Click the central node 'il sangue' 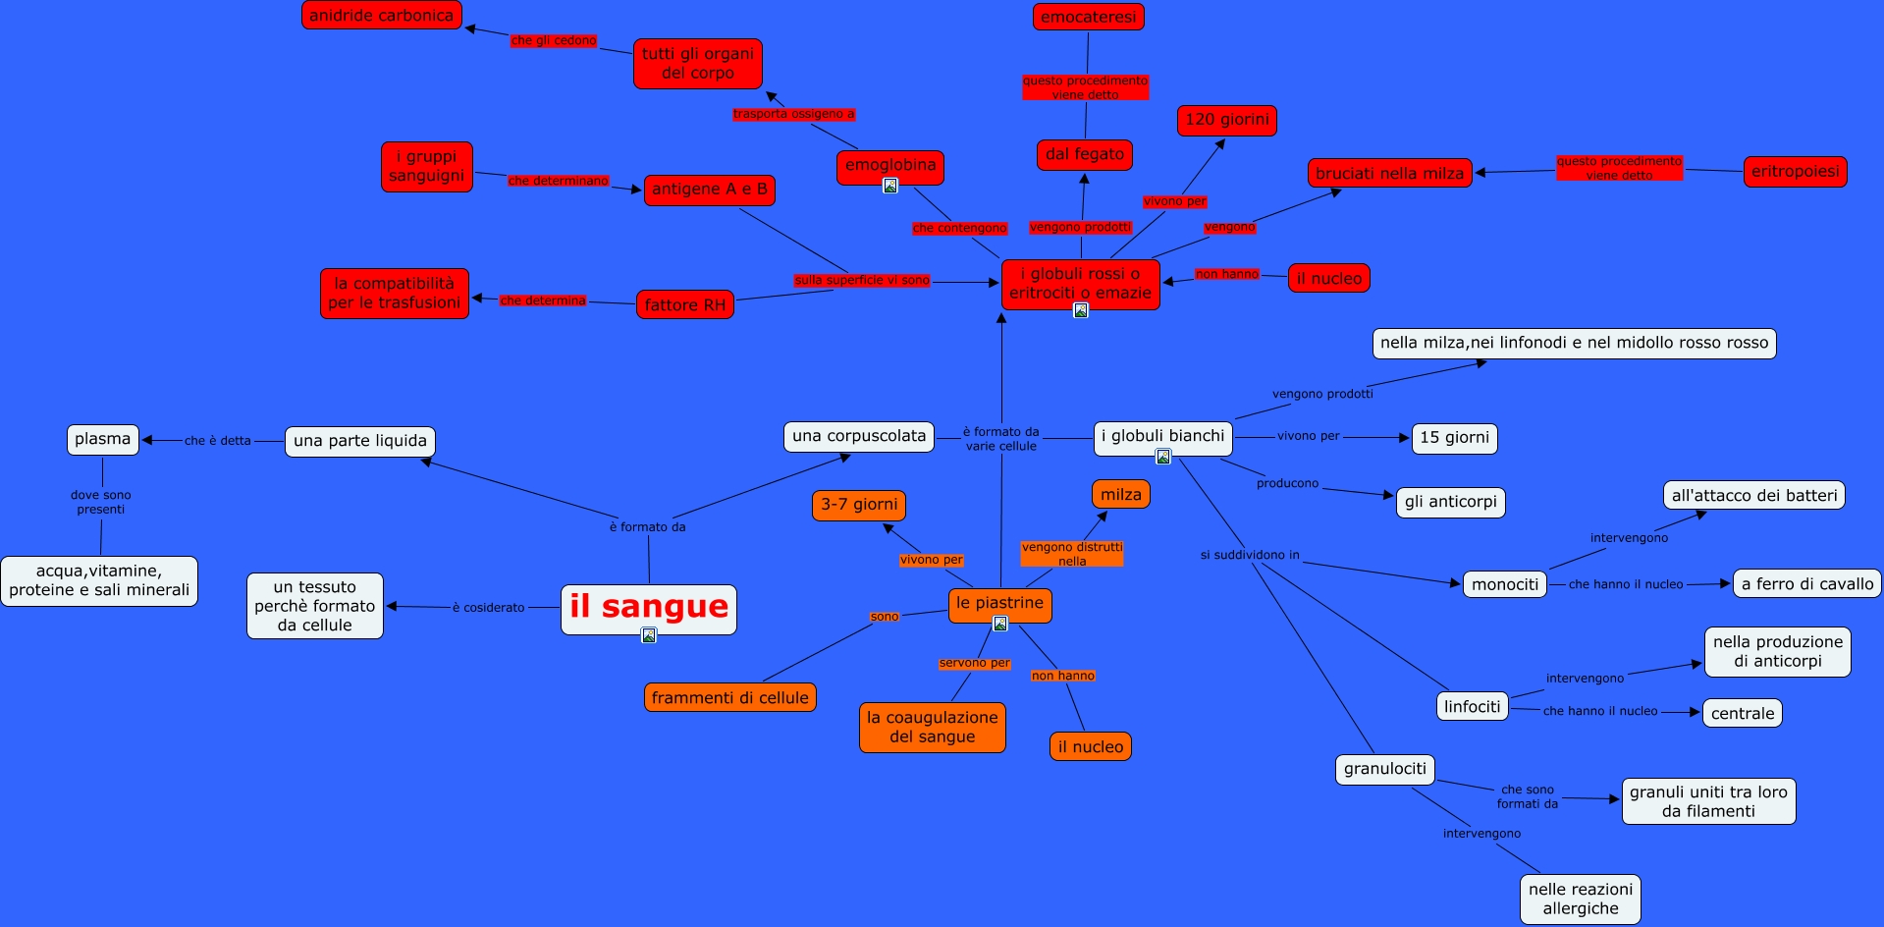[x=648, y=608]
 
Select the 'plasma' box [x=102, y=439]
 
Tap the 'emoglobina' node [x=889, y=165]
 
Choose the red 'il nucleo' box [x=1328, y=278]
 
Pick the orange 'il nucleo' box [x=1090, y=746]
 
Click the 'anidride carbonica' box [x=381, y=15]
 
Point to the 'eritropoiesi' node [x=1795, y=171]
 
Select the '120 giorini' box [x=1226, y=120]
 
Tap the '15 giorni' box [x=1454, y=438]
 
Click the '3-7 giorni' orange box [x=859, y=505]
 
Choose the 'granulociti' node [x=1384, y=769]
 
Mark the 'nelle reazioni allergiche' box [x=1580, y=899]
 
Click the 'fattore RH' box [x=684, y=304]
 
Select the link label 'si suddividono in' [x=1249, y=555]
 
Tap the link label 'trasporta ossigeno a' [x=793, y=114]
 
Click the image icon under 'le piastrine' [x=999, y=624]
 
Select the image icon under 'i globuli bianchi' [x=1162, y=457]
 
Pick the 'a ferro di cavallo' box [x=1806, y=583]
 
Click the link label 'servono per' [x=974, y=663]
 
